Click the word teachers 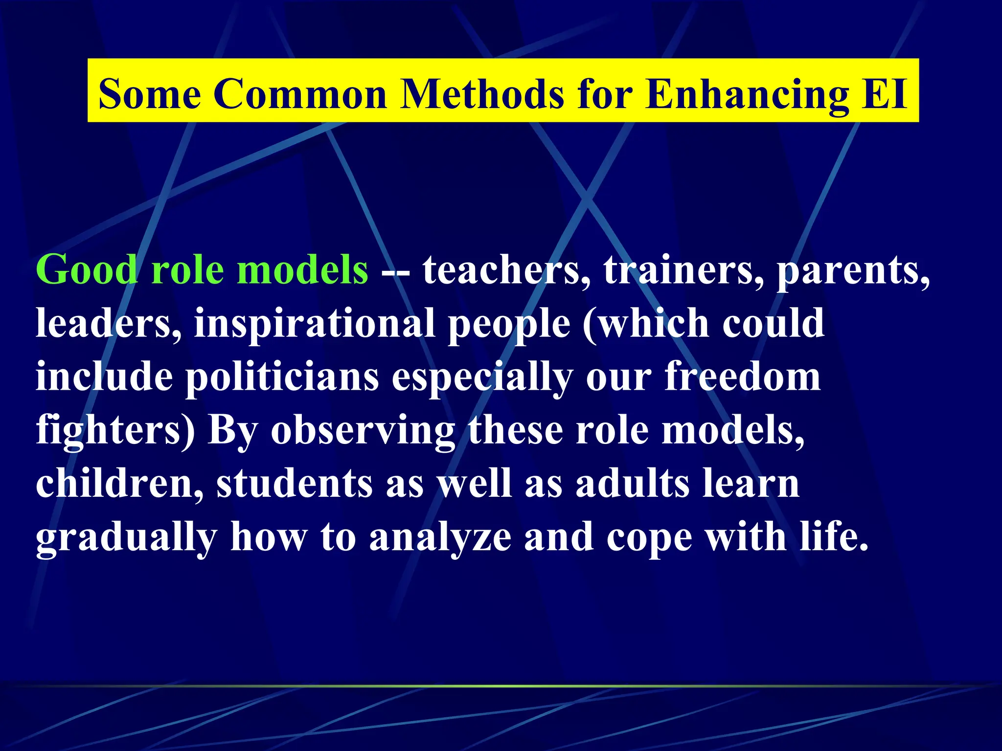[507, 270]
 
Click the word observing [363, 431]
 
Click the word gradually [126, 538]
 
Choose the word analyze [440, 538]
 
